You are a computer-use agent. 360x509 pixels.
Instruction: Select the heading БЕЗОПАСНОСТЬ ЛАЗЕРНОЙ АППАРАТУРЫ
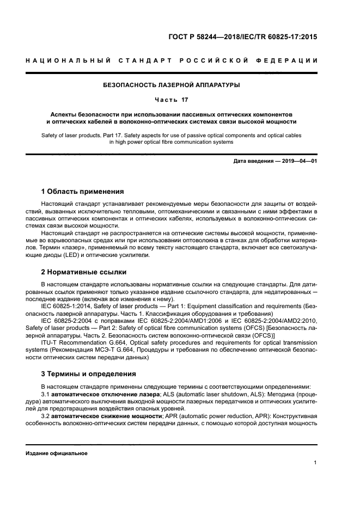172,85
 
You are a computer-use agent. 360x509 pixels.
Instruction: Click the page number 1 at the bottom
315,463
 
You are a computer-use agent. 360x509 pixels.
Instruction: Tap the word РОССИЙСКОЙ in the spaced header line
211,61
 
